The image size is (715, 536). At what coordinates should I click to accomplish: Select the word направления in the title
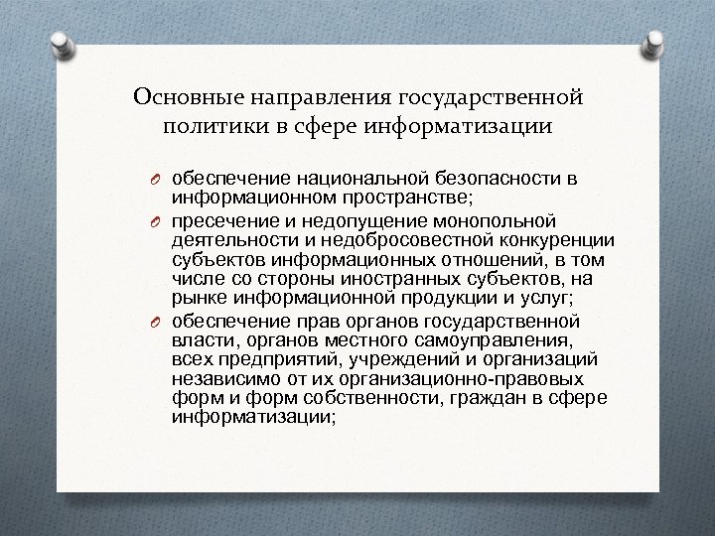click(313, 97)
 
